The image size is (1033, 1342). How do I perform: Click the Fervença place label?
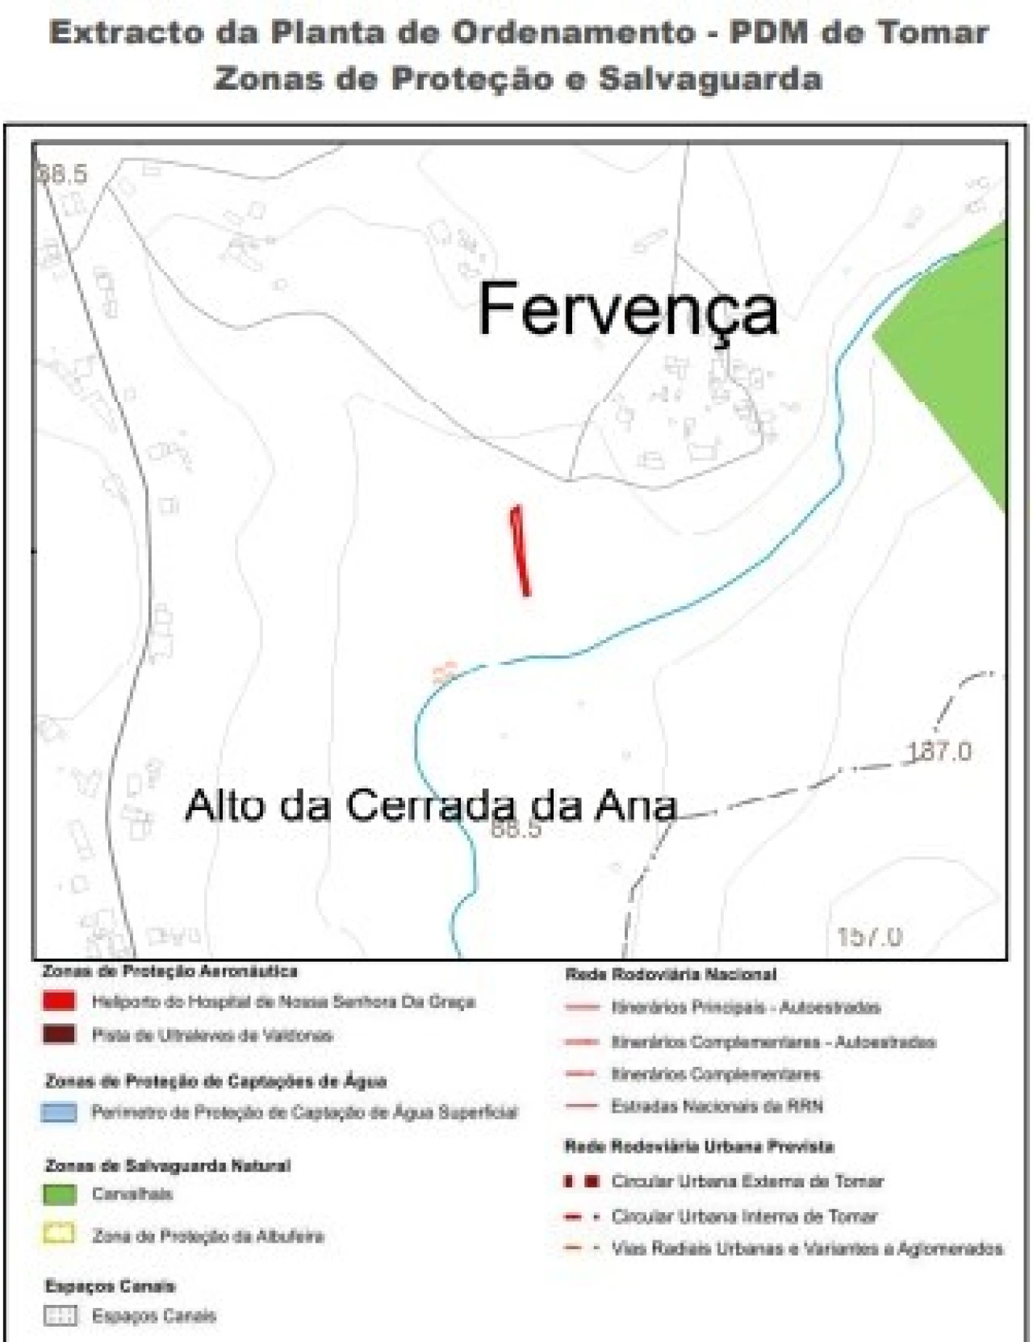[627, 311]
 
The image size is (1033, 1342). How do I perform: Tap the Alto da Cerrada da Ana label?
[430, 806]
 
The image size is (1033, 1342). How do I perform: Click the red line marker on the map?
[521, 551]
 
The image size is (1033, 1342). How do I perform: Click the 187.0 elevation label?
[940, 752]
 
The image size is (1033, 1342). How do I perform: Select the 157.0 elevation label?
[869, 937]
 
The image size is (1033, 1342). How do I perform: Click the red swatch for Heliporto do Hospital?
[59, 1001]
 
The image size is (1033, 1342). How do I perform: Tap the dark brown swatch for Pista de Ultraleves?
[59, 1035]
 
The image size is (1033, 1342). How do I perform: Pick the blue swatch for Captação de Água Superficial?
[59, 1113]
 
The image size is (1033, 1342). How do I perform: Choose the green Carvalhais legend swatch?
[59, 1194]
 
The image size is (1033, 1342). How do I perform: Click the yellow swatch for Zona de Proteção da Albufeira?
[59, 1235]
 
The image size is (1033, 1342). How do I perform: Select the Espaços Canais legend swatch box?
[60, 1316]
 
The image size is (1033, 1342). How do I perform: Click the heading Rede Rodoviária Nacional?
[670, 975]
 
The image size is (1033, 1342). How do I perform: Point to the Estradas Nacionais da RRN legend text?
[717, 1106]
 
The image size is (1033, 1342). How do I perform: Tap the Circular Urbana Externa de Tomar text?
[747, 1181]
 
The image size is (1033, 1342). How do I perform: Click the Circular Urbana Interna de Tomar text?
[744, 1216]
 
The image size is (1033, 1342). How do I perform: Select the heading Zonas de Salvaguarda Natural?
[167, 1165]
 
